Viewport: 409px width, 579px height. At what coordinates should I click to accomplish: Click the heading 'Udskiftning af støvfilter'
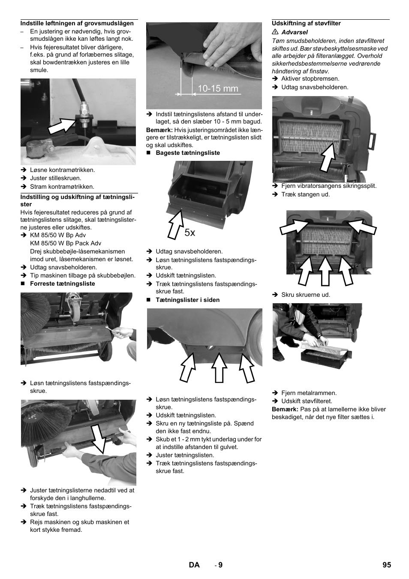(306, 24)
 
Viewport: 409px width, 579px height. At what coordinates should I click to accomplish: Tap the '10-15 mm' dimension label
(218, 89)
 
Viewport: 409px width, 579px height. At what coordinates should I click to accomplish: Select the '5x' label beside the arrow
(190, 232)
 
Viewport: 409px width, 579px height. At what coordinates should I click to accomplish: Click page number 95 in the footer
(387, 565)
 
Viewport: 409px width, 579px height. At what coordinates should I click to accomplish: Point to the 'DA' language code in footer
(194, 565)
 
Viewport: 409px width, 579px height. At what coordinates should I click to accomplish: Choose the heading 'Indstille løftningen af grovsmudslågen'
(77, 24)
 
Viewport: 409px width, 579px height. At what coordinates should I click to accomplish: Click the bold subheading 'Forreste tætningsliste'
(62, 283)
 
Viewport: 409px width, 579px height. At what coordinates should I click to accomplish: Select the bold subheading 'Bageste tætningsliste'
(187, 153)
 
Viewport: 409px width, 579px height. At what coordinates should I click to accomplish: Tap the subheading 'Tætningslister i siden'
(187, 300)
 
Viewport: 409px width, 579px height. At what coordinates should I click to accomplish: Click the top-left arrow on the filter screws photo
(295, 226)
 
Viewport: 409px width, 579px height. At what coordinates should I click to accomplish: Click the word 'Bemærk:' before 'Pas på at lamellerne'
(285, 409)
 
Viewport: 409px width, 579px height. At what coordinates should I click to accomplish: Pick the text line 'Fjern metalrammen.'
(309, 393)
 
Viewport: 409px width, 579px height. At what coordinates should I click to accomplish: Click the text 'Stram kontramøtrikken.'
(62, 187)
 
